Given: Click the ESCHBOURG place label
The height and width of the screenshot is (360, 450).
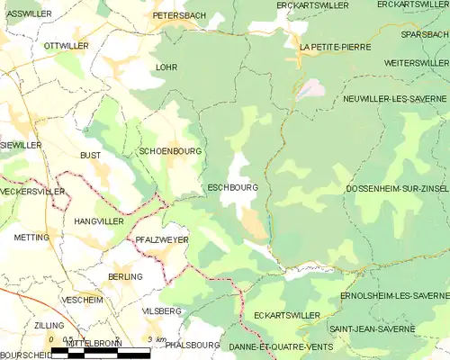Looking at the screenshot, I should click(x=233, y=188).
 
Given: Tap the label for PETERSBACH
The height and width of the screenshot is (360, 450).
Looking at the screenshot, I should click(x=180, y=16).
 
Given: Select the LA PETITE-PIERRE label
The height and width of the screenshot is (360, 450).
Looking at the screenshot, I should click(x=335, y=47).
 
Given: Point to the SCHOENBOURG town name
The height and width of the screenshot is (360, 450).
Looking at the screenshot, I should click(x=170, y=151).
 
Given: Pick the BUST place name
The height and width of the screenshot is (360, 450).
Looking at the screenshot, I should click(x=90, y=156).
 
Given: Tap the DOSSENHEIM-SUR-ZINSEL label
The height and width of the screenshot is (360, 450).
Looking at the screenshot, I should click(x=397, y=189).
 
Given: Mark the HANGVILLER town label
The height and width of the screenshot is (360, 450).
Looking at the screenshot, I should click(x=97, y=220).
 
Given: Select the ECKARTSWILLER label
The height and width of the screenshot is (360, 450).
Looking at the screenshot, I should click(x=286, y=316).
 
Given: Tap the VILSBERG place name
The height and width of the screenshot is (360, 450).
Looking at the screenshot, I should click(x=161, y=310).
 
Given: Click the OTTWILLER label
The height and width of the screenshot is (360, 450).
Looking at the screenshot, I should click(x=65, y=45).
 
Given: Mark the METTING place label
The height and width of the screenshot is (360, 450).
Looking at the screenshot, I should click(x=32, y=238).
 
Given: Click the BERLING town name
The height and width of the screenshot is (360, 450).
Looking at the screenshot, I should click(x=124, y=276).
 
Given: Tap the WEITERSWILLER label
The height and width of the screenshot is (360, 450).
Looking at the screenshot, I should click(x=416, y=63).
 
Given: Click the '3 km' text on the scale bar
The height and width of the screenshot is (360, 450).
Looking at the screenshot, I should click(x=157, y=339).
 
